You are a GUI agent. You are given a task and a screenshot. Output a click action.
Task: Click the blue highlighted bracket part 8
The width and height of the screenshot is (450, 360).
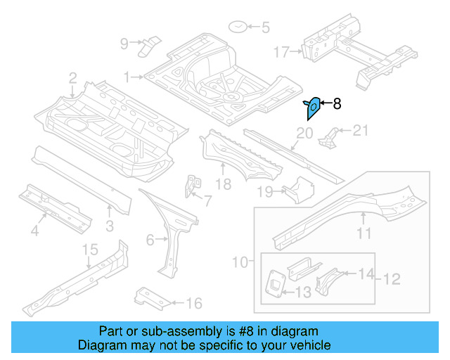314,108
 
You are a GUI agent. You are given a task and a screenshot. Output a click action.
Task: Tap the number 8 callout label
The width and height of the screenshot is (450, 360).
337,104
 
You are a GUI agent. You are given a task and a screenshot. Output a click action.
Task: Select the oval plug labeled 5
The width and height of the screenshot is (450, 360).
237,27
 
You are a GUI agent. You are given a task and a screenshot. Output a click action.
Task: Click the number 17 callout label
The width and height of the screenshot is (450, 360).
281,51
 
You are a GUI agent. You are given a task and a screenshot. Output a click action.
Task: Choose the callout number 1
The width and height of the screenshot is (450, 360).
127,77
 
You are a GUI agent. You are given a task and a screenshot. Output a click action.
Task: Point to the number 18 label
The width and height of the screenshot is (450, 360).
223,185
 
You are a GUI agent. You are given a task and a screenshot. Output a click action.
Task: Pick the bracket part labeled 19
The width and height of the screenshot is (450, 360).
296,190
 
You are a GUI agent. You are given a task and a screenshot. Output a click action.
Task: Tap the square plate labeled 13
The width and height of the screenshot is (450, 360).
273,283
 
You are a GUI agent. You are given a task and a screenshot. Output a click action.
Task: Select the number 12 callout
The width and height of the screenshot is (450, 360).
391,279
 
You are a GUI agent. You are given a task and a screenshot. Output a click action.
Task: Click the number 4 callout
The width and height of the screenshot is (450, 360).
35,231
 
